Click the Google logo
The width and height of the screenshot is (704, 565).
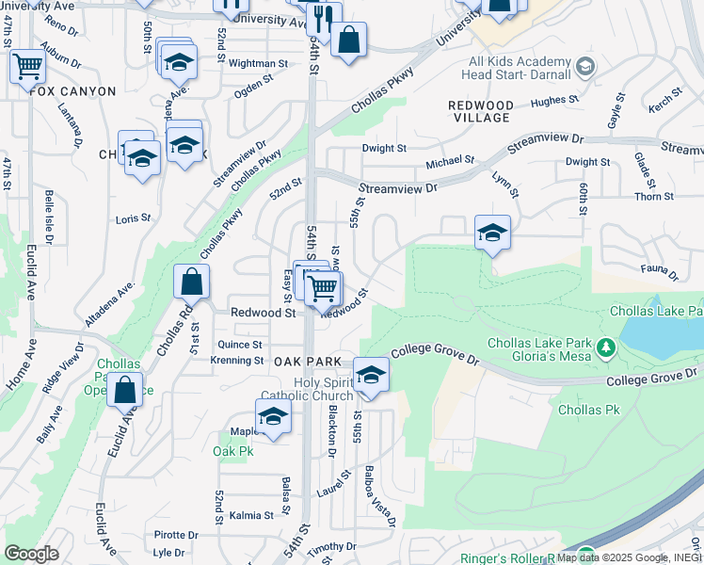tap(31, 554)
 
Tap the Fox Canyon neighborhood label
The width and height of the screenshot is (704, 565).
tap(72, 91)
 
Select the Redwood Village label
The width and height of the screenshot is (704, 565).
tap(480, 111)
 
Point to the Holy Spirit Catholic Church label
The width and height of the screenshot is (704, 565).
tap(306, 389)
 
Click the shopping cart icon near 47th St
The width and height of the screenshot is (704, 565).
tap(28, 66)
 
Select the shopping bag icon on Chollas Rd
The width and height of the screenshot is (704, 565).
tap(191, 282)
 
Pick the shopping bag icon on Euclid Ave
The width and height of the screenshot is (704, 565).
tap(124, 389)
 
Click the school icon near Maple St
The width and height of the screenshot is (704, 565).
tap(273, 416)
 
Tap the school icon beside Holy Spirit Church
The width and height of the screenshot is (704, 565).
tap(371, 375)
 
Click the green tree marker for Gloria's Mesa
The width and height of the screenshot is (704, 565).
tap(607, 348)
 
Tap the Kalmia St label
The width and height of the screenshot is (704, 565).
tap(251, 515)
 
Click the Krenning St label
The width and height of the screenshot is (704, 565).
tap(236, 361)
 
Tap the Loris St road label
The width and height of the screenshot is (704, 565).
tap(133, 218)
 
